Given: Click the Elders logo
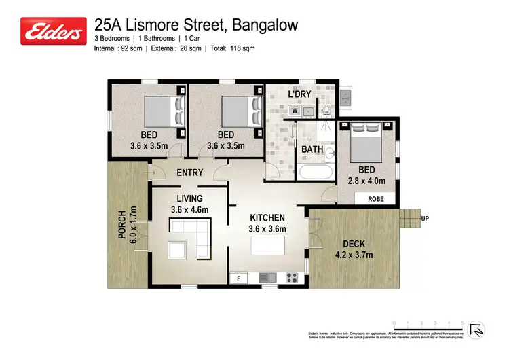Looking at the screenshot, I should (x=54, y=31).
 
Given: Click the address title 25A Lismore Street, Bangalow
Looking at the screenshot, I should (x=196, y=25).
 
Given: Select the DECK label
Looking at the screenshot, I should (x=354, y=244).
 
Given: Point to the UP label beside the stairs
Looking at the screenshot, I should (x=426, y=219).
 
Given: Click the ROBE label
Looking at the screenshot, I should (x=376, y=200).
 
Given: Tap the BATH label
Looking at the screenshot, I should (x=312, y=149).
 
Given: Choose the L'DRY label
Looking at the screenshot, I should (x=299, y=94).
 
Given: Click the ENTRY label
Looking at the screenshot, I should (x=190, y=173).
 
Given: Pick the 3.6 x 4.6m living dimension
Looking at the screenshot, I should (x=190, y=209).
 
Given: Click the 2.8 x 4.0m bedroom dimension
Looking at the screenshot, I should (x=366, y=181).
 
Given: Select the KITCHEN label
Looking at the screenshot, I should (x=267, y=217).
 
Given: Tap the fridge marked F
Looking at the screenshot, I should (x=238, y=278).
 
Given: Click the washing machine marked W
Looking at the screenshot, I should (x=296, y=110).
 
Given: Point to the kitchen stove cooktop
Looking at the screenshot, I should (x=293, y=277).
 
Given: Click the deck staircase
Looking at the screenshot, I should (x=409, y=219).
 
